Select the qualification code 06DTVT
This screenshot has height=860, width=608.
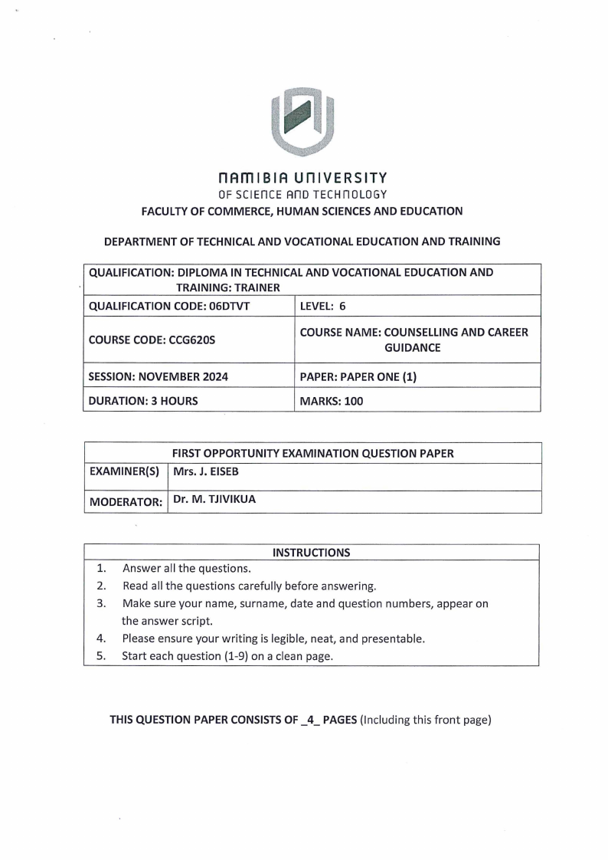pos(227,306)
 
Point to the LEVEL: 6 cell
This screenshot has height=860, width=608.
pos(323,306)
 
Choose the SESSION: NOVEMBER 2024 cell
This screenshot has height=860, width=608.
pos(159,376)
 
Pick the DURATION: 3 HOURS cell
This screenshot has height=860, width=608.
pos(143,400)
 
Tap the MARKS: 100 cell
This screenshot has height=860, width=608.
pos(332,400)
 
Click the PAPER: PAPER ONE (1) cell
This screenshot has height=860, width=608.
pos(358,376)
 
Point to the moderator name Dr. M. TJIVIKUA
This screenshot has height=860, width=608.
pos(214,500)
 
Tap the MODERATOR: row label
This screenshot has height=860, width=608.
pos(126,502)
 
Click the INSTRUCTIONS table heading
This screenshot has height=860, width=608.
pos(312,552)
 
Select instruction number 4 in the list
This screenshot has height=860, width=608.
pos(100,638)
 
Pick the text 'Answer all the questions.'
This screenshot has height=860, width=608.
pos(186,569)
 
